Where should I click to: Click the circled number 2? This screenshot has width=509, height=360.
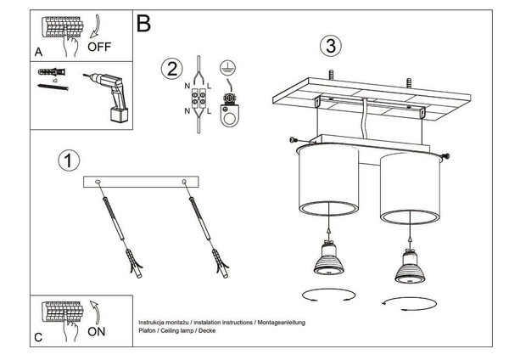(171, 68)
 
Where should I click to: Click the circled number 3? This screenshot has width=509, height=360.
(330, 46)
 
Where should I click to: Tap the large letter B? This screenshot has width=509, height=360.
(143, 24)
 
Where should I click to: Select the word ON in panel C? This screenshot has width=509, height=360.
(98, 331)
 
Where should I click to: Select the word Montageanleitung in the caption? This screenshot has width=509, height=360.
(279, 323)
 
